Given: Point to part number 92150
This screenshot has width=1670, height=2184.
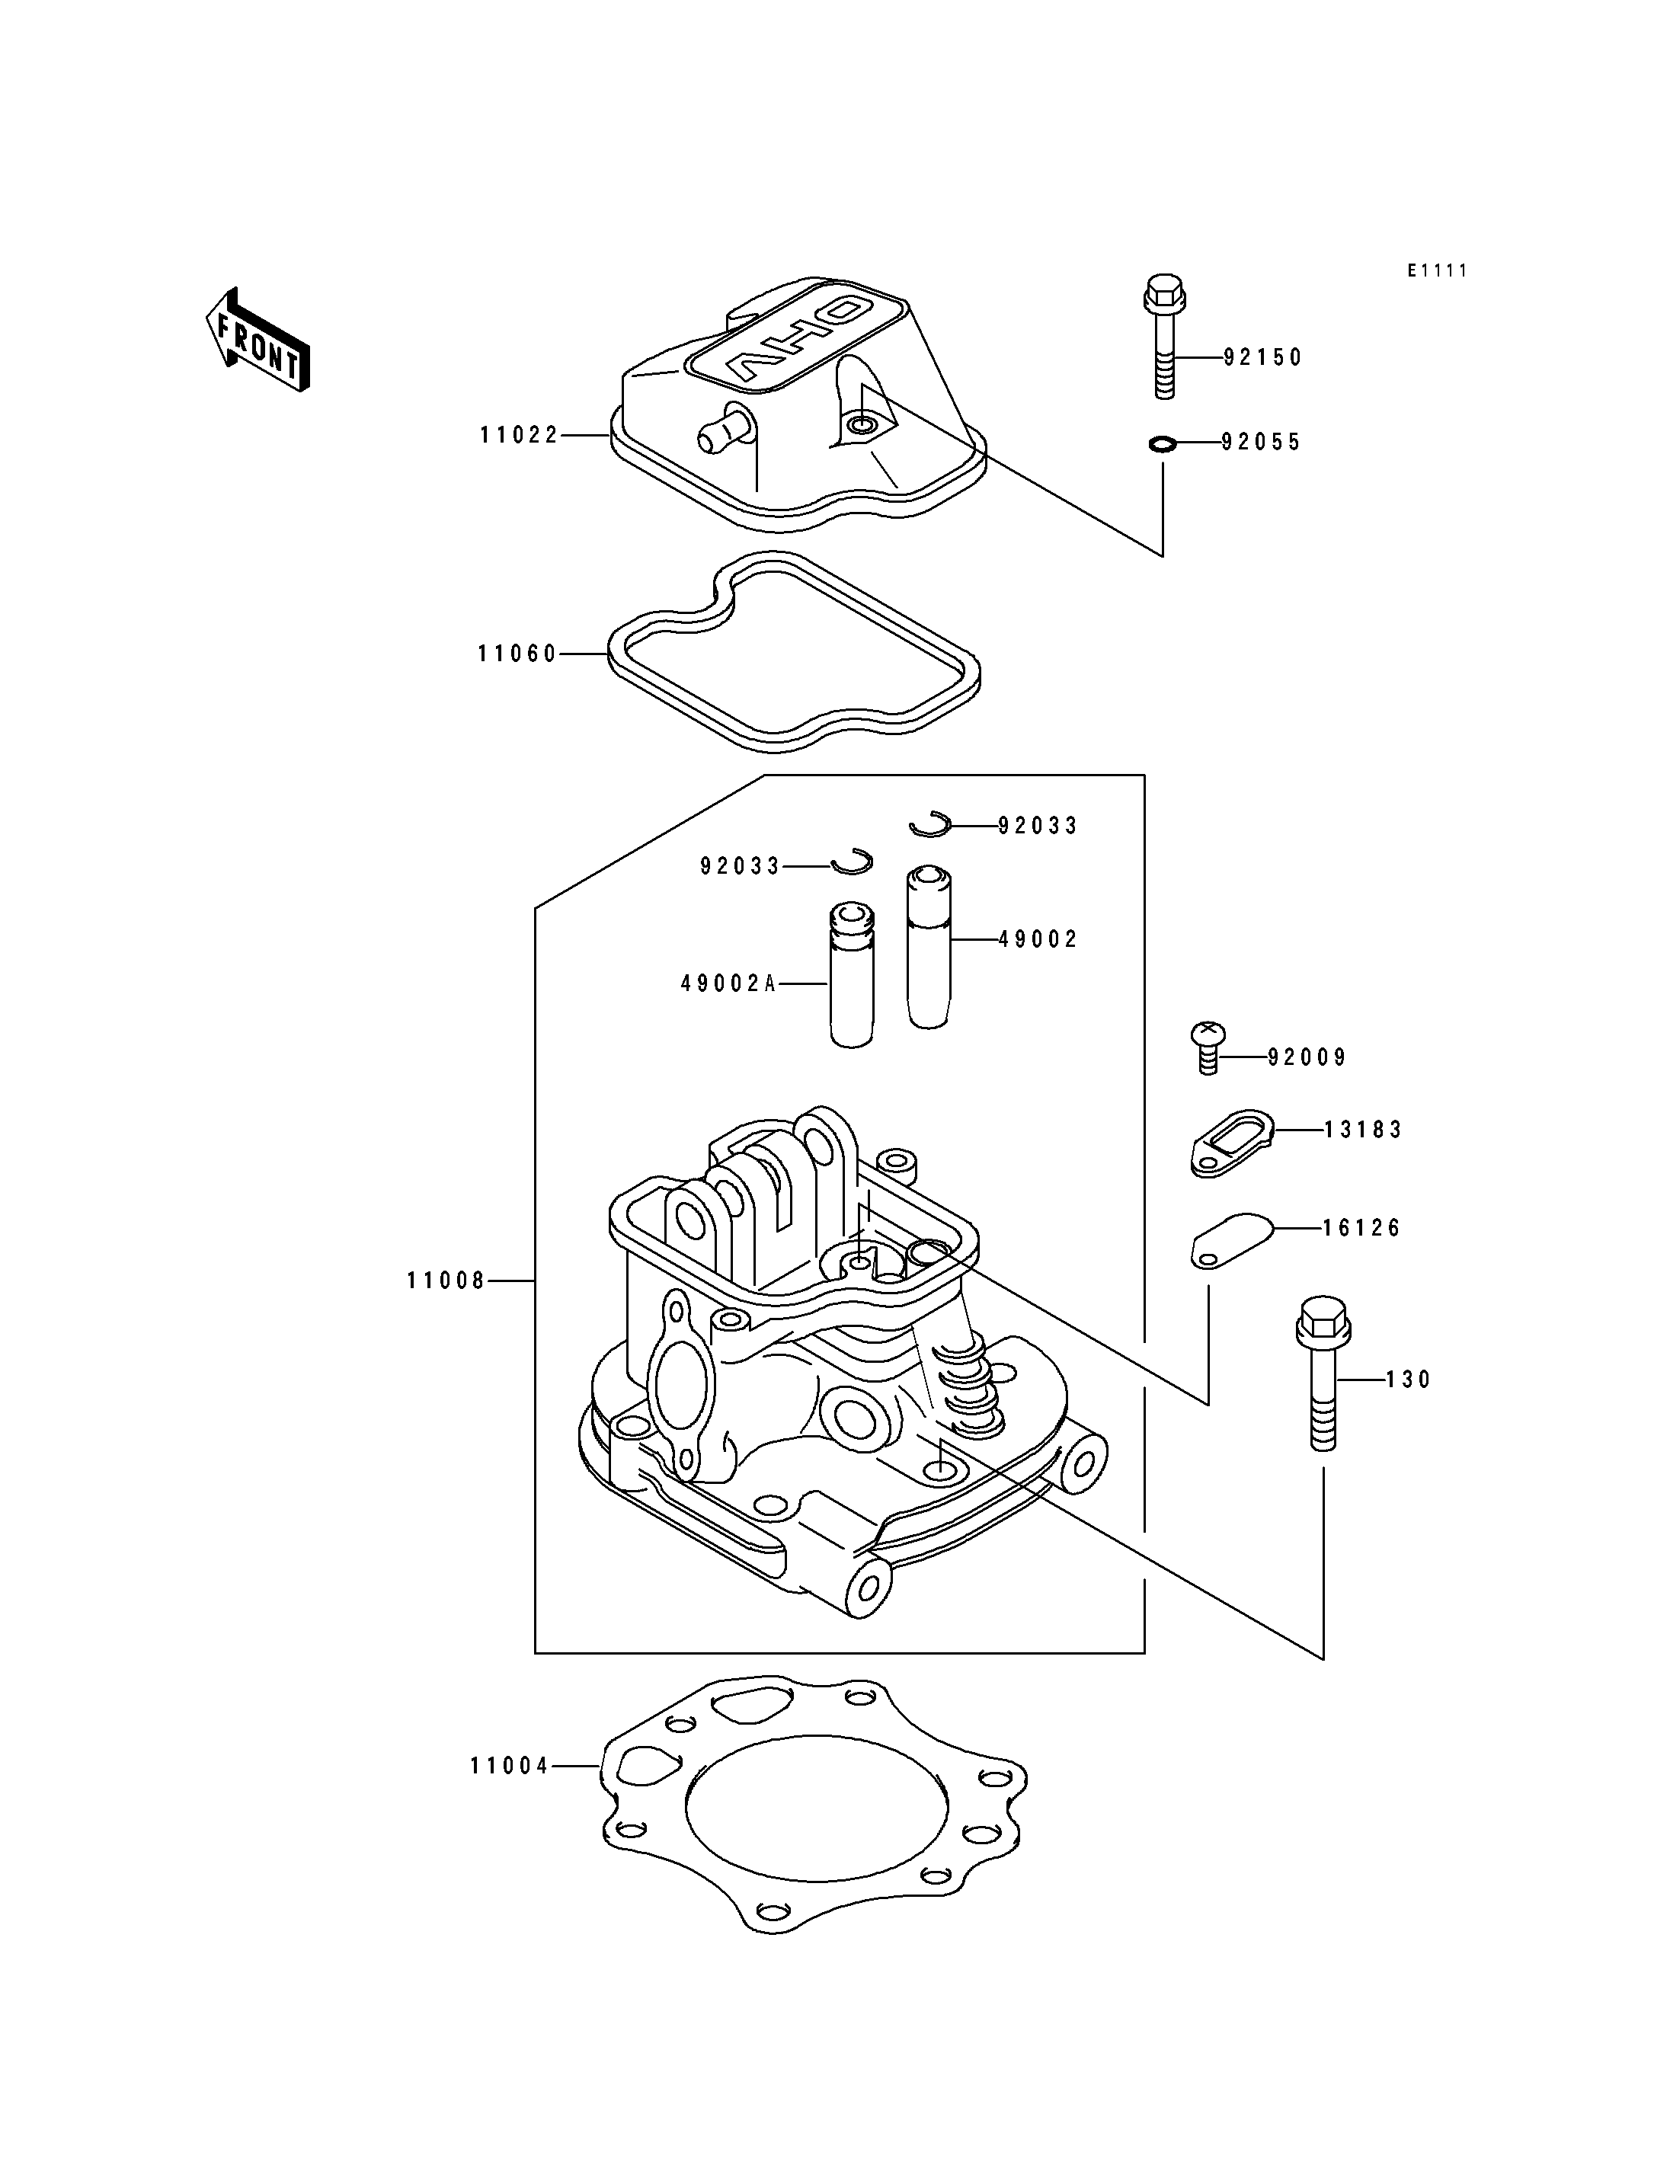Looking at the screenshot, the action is tap(1262, 357).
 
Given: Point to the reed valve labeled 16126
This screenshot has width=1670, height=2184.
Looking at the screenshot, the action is tap(1232, 1242).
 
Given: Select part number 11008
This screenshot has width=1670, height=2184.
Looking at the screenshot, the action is tap(446, 1281).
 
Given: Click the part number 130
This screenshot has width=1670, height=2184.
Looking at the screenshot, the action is tap(1409, 1380).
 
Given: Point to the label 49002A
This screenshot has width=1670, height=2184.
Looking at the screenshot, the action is tap(728, 983).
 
